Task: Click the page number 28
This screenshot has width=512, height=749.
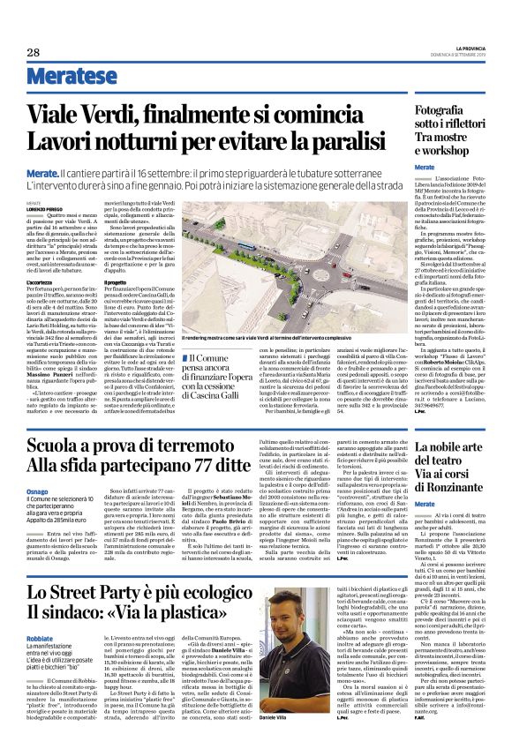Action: [34, 52]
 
